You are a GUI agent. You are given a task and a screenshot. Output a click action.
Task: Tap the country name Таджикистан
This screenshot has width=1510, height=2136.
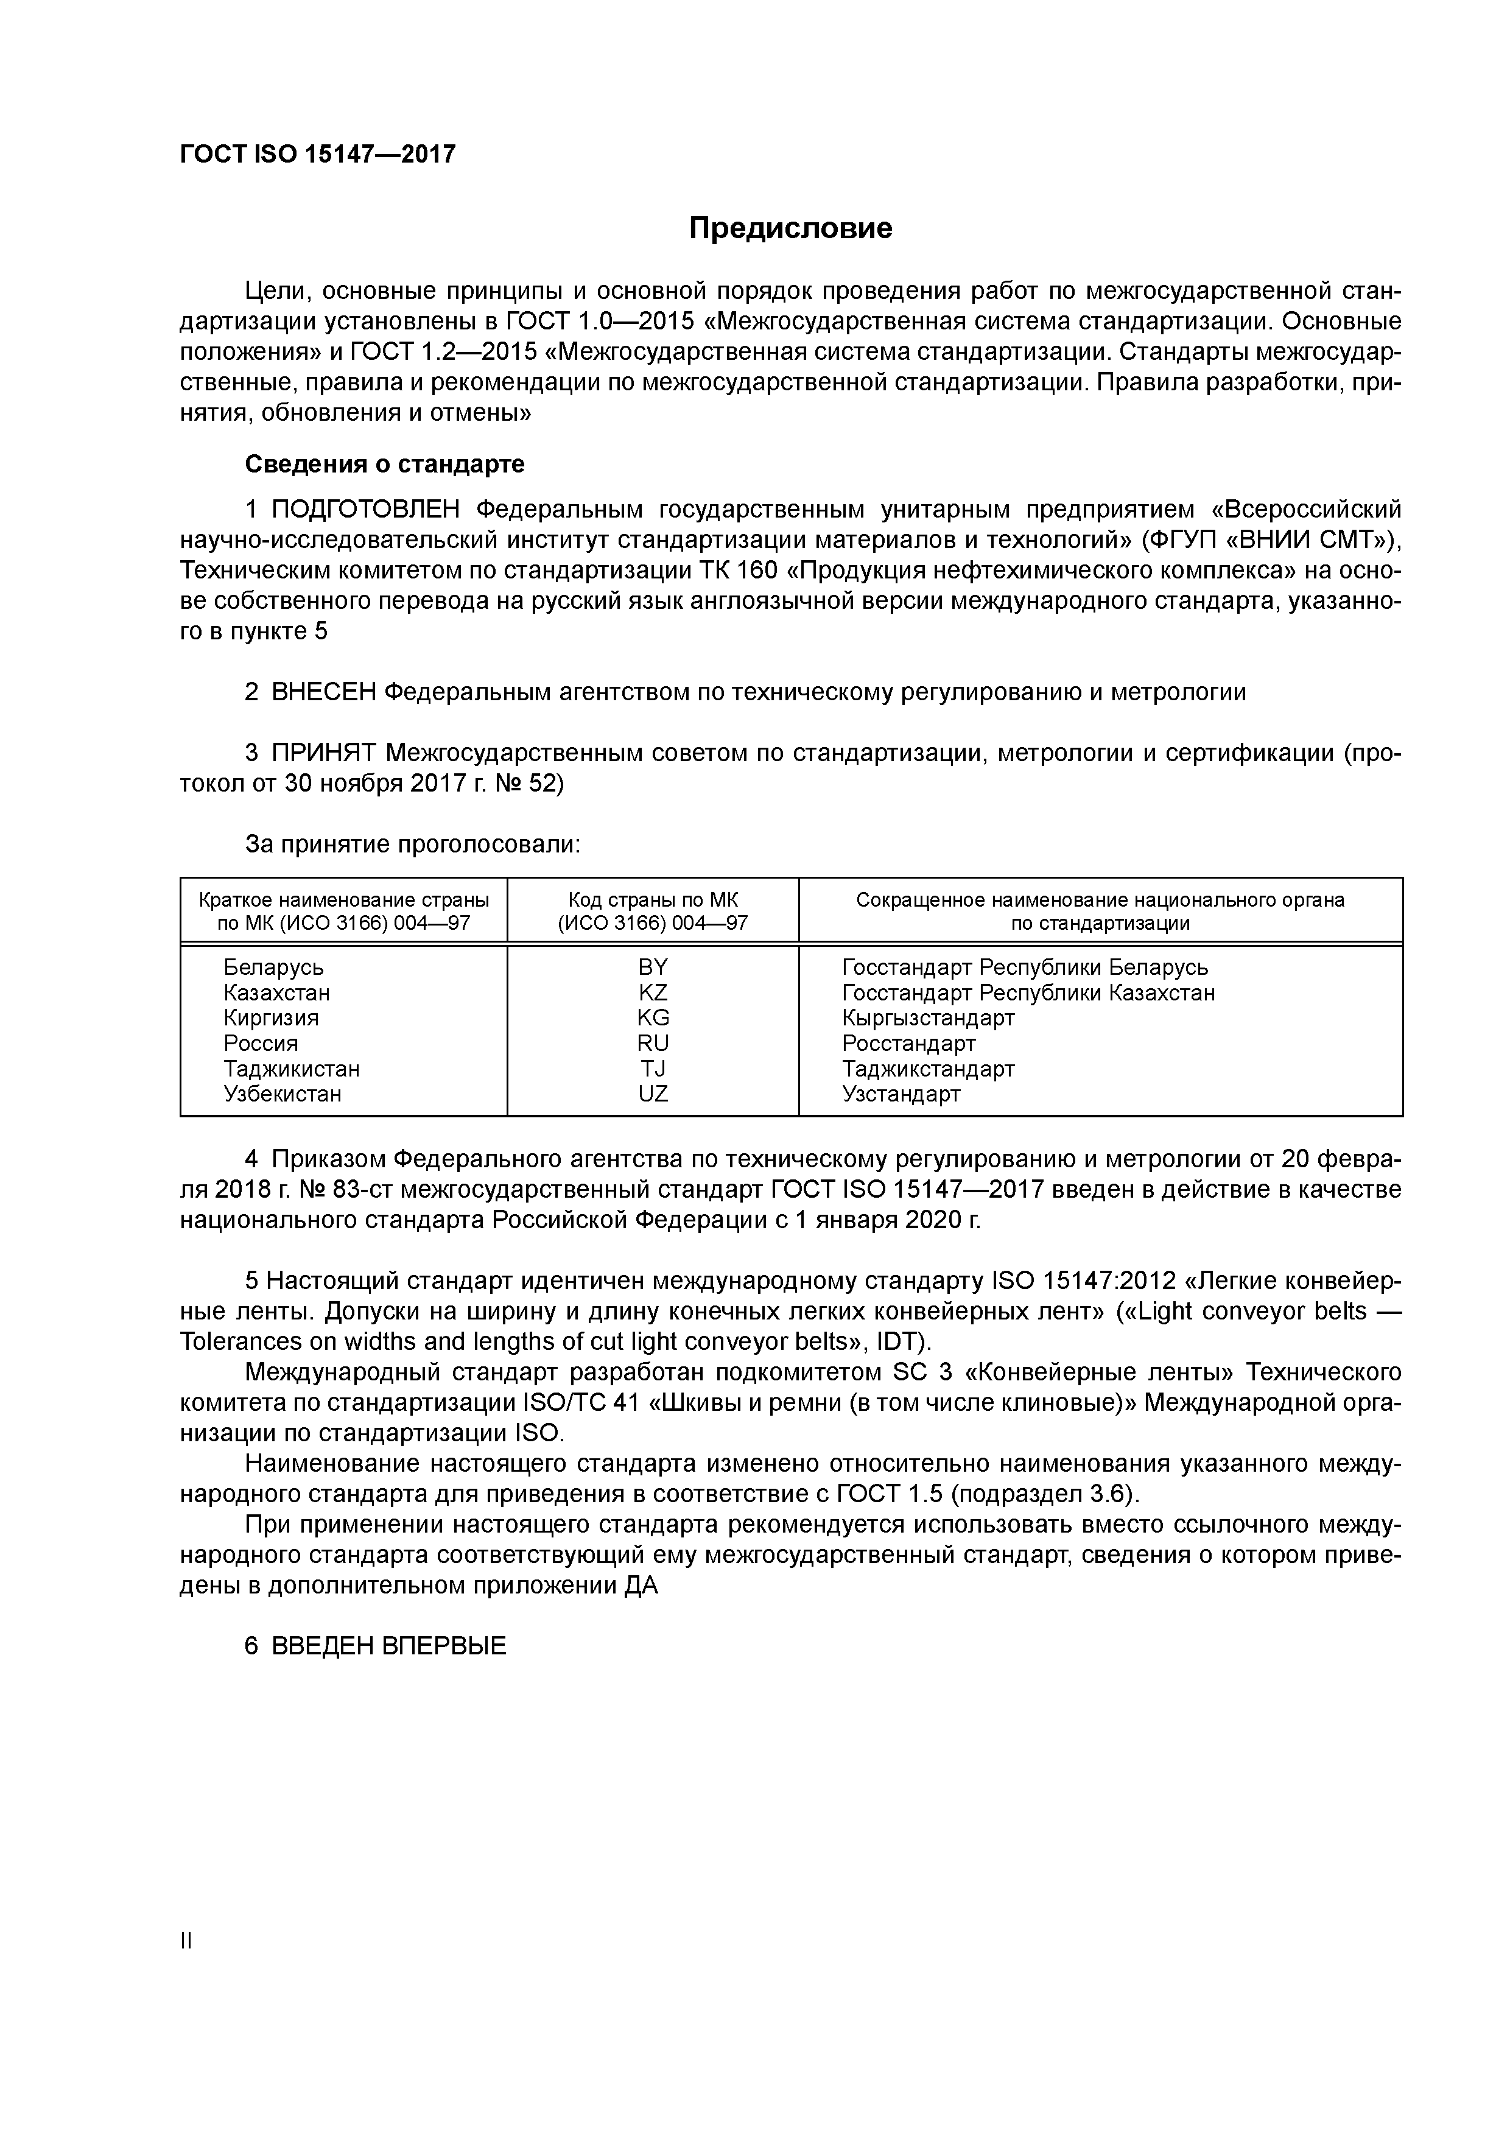pos(291,1069)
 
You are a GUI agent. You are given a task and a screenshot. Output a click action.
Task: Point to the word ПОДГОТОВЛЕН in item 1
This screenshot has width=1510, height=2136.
pos(366,510)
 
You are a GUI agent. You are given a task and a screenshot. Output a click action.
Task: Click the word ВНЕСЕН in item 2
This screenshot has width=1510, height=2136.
pos(324,692)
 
